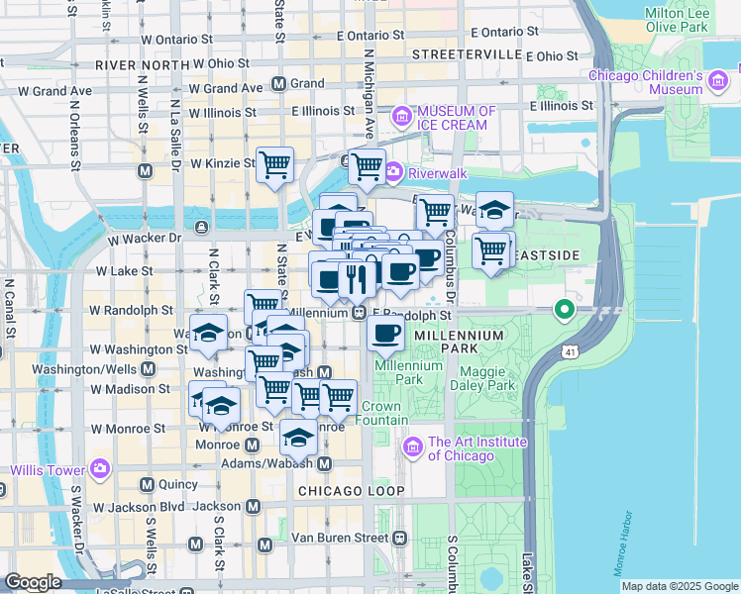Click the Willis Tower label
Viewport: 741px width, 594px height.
pyautogui.click(x=49, y=467)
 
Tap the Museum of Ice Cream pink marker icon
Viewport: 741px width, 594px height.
pyautogui.click(x=403, y=118)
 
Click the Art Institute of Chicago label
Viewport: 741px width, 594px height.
pyautogui.click(x=461, y=448)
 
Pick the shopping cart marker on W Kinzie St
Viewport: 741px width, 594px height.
pyautogui.click(x=274, y=165)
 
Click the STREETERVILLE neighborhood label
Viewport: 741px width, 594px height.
pyautogui.click(x=466, y=53)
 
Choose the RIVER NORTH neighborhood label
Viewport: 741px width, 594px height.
pyautogui.click(x=143, y=64)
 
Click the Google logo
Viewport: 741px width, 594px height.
pyautogui.click(x=33, y=582)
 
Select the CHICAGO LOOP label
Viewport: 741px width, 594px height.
pyautogui.click(x=351, y=491)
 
